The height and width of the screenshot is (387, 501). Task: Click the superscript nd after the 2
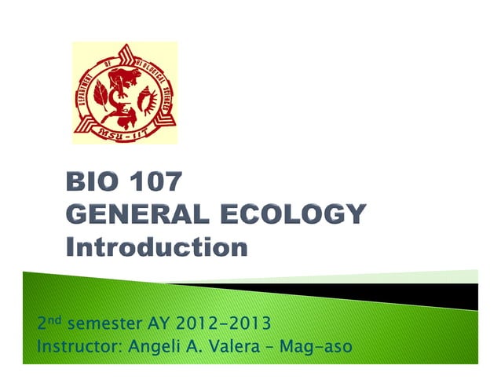(x=54, y=319)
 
